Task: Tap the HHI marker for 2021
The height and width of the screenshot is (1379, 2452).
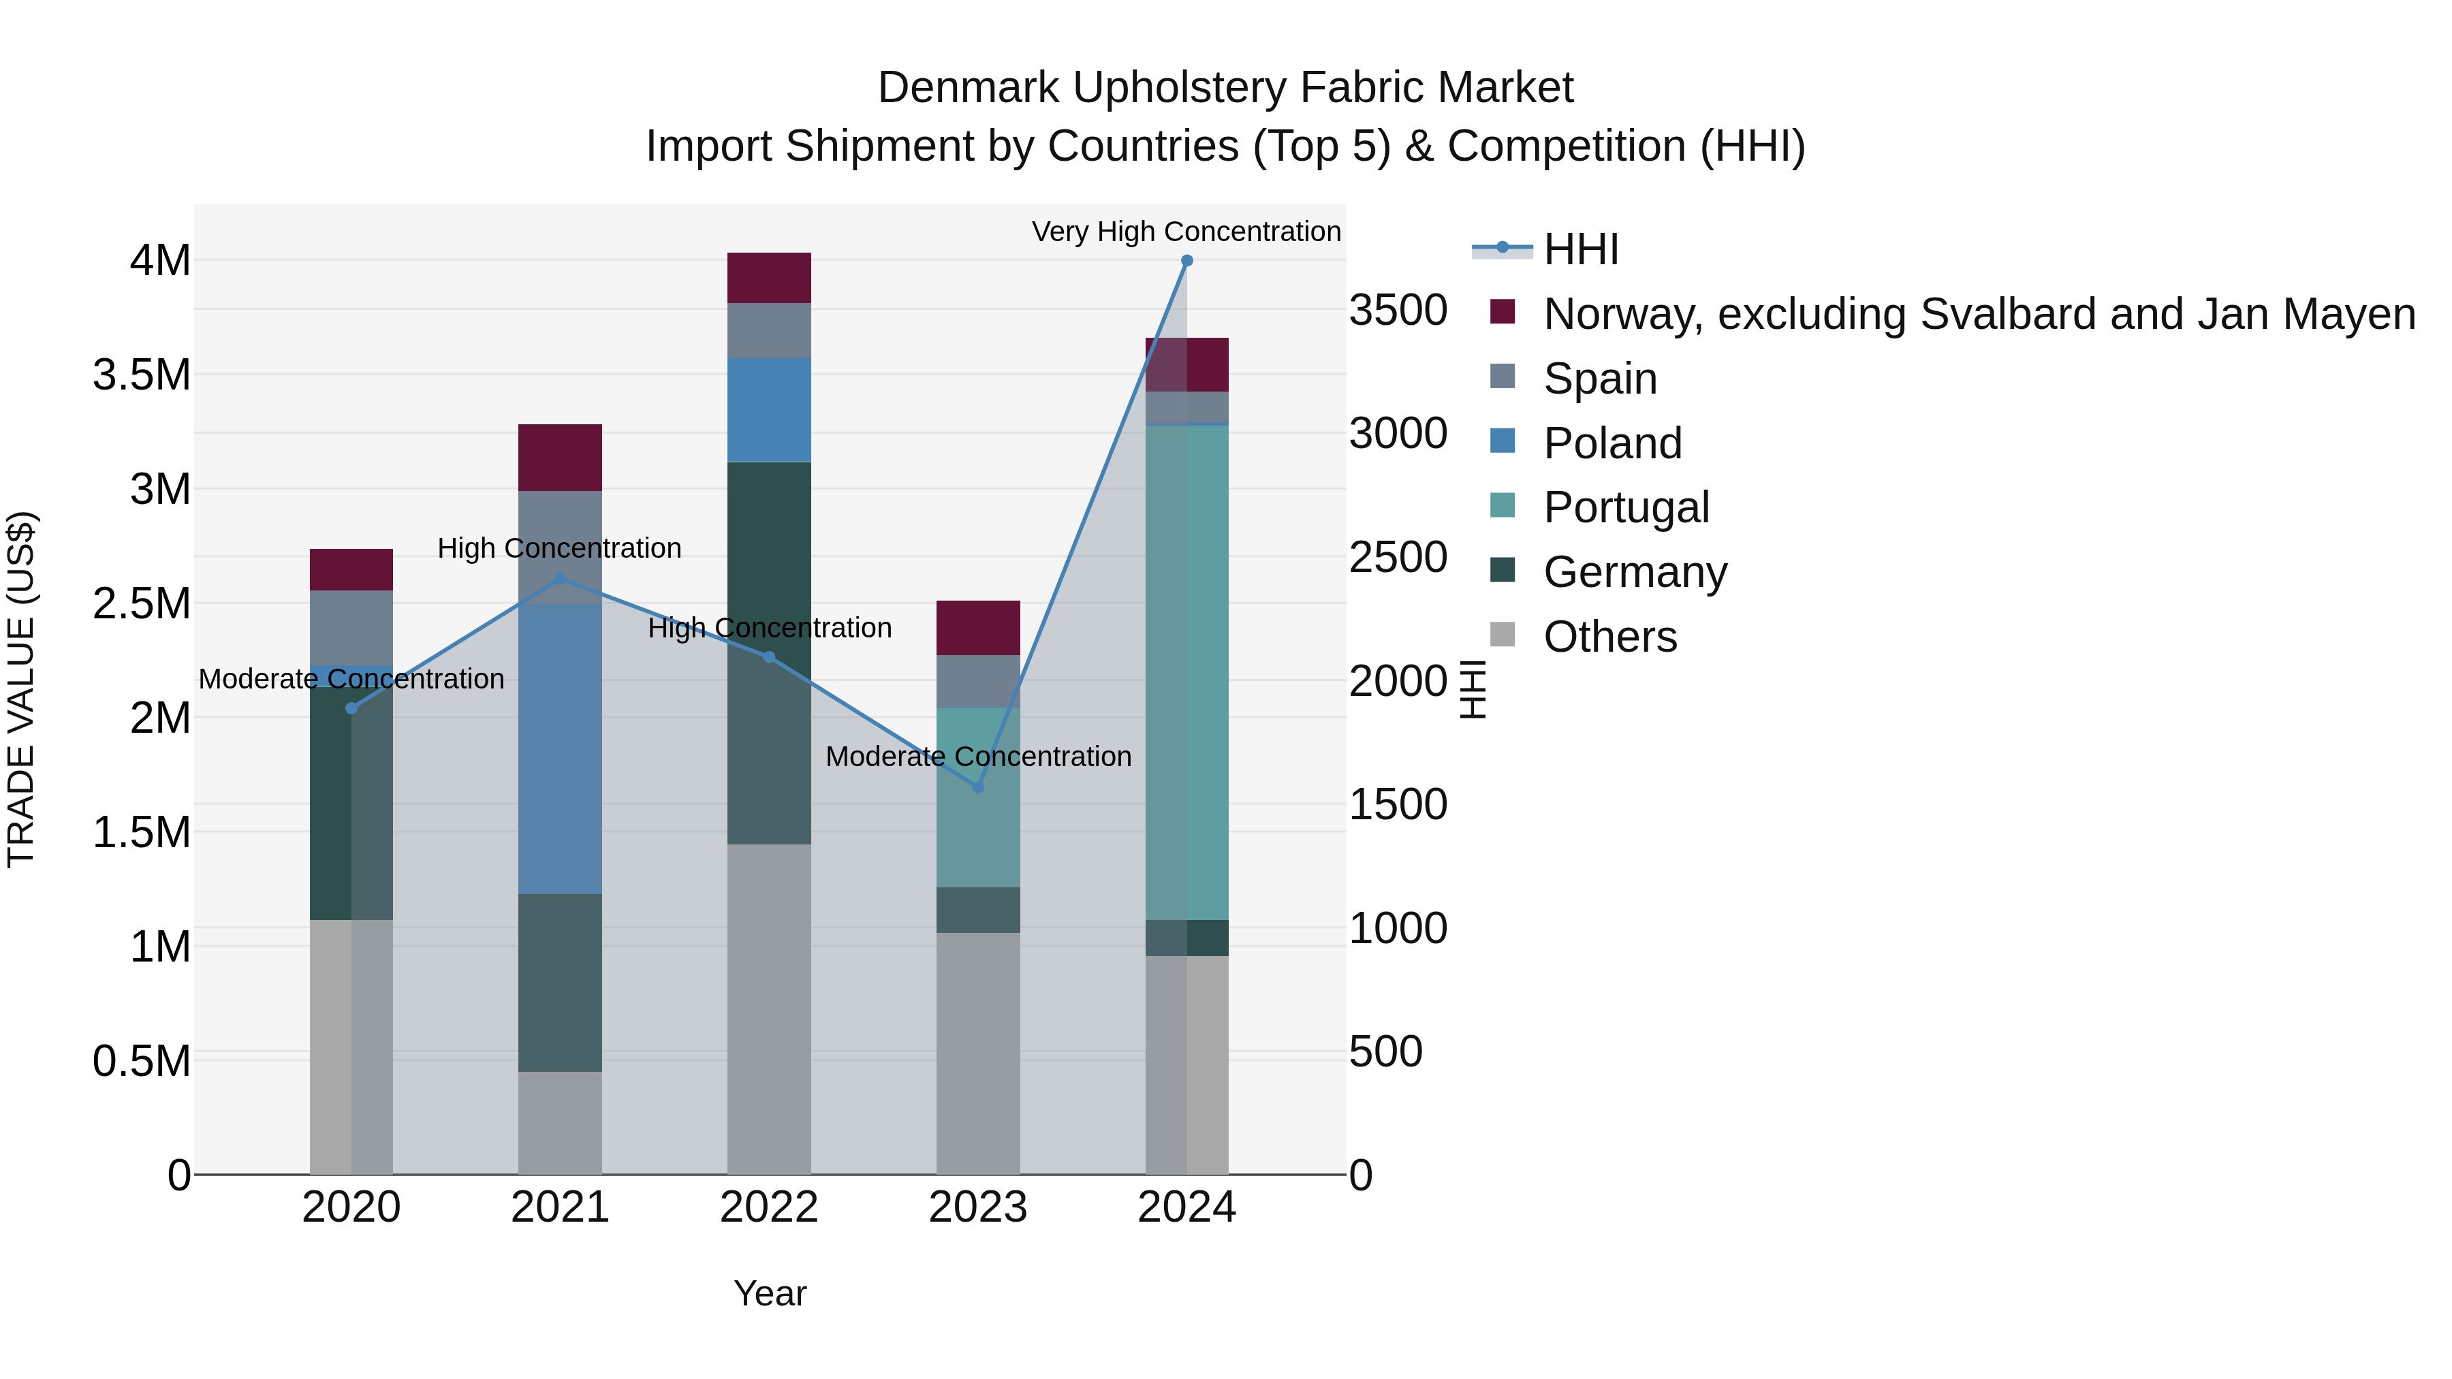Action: click(560, 579)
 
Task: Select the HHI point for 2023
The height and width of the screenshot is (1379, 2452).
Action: click(977, 787)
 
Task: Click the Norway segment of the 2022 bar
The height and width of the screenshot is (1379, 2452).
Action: click(769, 278)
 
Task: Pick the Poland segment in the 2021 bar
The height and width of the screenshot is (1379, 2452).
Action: click(560, 749)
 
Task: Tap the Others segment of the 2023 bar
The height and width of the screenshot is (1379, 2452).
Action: click(977, 1053)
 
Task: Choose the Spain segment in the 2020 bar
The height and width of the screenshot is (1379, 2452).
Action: click(351, 627)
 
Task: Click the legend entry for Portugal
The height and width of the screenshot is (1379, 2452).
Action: click(1626, 507)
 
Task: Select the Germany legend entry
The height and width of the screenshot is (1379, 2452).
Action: click(1635, 572)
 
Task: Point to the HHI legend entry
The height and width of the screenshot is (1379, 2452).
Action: click(1580, 249)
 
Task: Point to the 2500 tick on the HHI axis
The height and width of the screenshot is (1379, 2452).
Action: click(1398, 558)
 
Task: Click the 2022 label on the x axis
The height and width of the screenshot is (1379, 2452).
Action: click(769, 1207)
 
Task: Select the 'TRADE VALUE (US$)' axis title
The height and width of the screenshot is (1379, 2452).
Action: click(21, 689)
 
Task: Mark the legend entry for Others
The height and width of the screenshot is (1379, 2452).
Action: click(1609, 637)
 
